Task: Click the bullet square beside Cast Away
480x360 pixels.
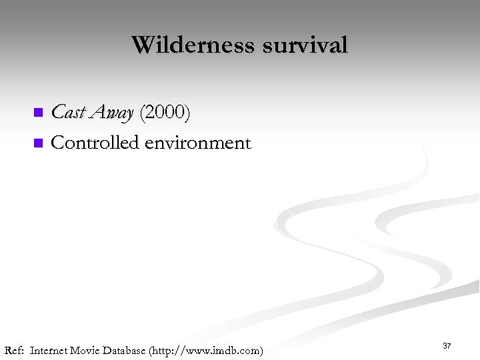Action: pyautogui.click(x=38, y=112)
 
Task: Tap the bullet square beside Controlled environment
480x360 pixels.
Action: pyautogui.click(x=38, y=142)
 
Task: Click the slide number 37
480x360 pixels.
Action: pyautogui.click(x=447, y=346)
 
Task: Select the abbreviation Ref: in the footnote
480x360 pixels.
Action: pyautogui.click(x=14, y=350)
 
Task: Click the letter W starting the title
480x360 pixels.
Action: pyautogui.click(x=142, y=45)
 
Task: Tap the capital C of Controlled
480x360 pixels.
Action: pyautogui.click(x=57, y=143)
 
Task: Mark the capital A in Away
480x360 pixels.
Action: pyautogui.click(x=93, y=113)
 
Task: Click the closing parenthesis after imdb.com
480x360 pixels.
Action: pyautogui.click(x=261, y=350)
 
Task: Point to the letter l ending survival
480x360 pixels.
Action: pyautogui.click(x=345, y=45)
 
